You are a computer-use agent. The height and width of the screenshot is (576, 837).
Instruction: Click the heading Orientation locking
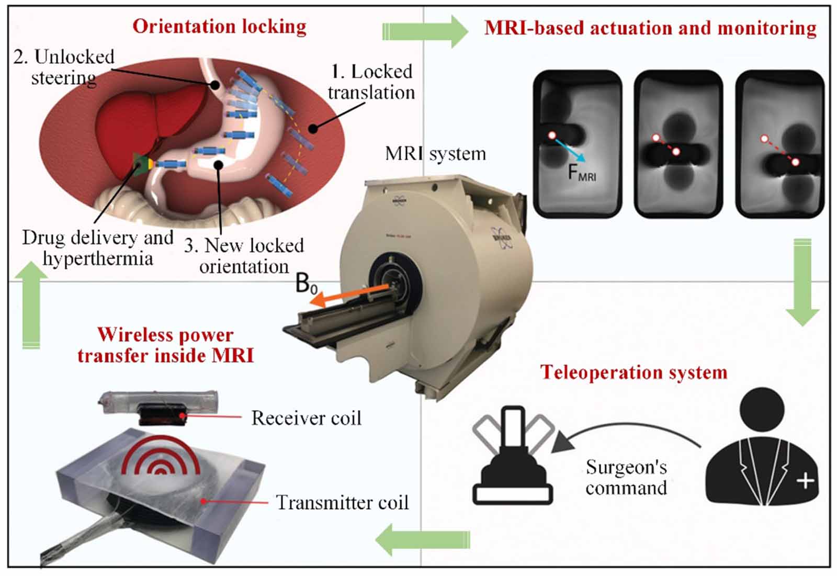pyautogui.click(x=219, y=26)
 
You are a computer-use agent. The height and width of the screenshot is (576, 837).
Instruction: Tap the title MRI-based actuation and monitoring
pyautogui.click(x=650, y=28)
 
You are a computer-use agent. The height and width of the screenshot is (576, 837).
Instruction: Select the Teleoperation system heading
pyautogui.click(x=634, y=372)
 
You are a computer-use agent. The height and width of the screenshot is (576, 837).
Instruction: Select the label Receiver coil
pyautogui.click(x=306, y=418)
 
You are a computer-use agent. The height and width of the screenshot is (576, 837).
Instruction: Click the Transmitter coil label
pyautogui.click(x=342, y=502)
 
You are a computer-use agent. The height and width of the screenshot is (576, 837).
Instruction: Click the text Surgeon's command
pyautogui.click(x=626, y=477)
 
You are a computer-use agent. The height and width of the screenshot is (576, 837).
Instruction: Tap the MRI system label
pyautogui.click(x=435, y=154)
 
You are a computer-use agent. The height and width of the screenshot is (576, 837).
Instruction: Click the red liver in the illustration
pyautogui.click(x=141, y=120)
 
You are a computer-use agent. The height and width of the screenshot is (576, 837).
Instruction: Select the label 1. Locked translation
pyautogui.click(x=371, y=82)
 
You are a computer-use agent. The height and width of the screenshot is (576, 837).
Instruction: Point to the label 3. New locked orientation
pyautogui.click(x=244, y=256)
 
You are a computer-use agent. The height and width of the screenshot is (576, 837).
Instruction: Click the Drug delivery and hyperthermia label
pyautogui.click(x=98, y=248)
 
